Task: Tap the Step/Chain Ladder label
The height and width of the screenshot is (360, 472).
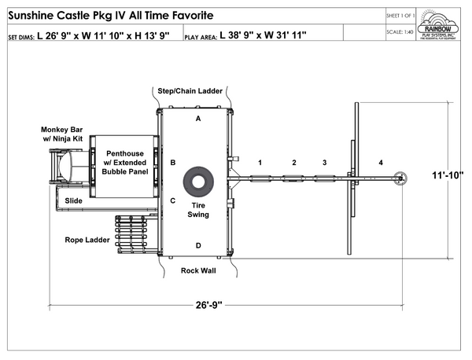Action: [190, 91]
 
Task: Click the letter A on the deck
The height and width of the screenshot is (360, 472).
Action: [198, 118]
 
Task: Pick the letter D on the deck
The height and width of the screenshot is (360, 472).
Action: [198, 246]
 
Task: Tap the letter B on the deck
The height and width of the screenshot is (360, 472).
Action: [172, 162]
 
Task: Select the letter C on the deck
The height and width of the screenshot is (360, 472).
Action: [172, 200]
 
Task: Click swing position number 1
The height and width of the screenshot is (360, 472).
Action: [259, 162]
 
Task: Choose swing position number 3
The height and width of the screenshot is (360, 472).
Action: [323, 162]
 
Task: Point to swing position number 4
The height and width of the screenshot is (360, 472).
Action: [381, 162]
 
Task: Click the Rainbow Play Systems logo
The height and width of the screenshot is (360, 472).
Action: [443, 28]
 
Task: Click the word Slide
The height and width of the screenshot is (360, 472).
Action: [74, 200]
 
